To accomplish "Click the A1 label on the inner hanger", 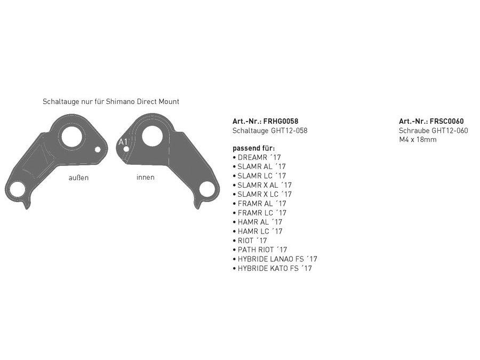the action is (x=123, y=142).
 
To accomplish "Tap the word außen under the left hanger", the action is (x=79, y=178).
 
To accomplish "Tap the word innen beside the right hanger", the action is (x=146, y=177).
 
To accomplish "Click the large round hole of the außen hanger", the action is (x=71, y=136).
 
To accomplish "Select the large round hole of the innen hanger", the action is (x=153, y=136).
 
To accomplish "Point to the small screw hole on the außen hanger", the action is (x=98, y=149).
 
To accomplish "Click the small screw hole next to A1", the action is (x=126, y=149).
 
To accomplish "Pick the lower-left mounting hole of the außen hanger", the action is (x=17, y=189).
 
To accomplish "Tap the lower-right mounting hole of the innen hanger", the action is (x=207, y=189).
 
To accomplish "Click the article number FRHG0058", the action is (x=281, y=121).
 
